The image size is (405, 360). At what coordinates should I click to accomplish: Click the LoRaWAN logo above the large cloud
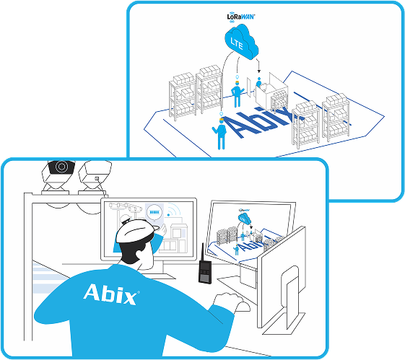tap(241, 17)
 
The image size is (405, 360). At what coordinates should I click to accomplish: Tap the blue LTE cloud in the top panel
tap(241, 43)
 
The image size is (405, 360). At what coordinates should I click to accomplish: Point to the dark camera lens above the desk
tap(61, 167)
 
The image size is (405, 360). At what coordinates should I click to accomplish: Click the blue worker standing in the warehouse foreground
tap(220, 133)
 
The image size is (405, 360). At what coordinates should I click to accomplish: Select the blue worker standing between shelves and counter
tap(237, 94)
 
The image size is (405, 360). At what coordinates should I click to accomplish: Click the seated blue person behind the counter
tap(258, 82)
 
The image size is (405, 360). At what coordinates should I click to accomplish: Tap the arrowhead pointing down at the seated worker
tap(259, 71)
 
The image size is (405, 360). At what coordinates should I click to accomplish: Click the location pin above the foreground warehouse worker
tap(221, 114)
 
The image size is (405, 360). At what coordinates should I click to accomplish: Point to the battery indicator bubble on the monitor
tap(154, 213)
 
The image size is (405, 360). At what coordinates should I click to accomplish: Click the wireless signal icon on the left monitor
tap(173, 210)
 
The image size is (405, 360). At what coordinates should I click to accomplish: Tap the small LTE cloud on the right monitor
tap(244, 219)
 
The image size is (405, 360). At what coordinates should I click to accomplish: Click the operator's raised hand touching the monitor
tap(163, 229)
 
